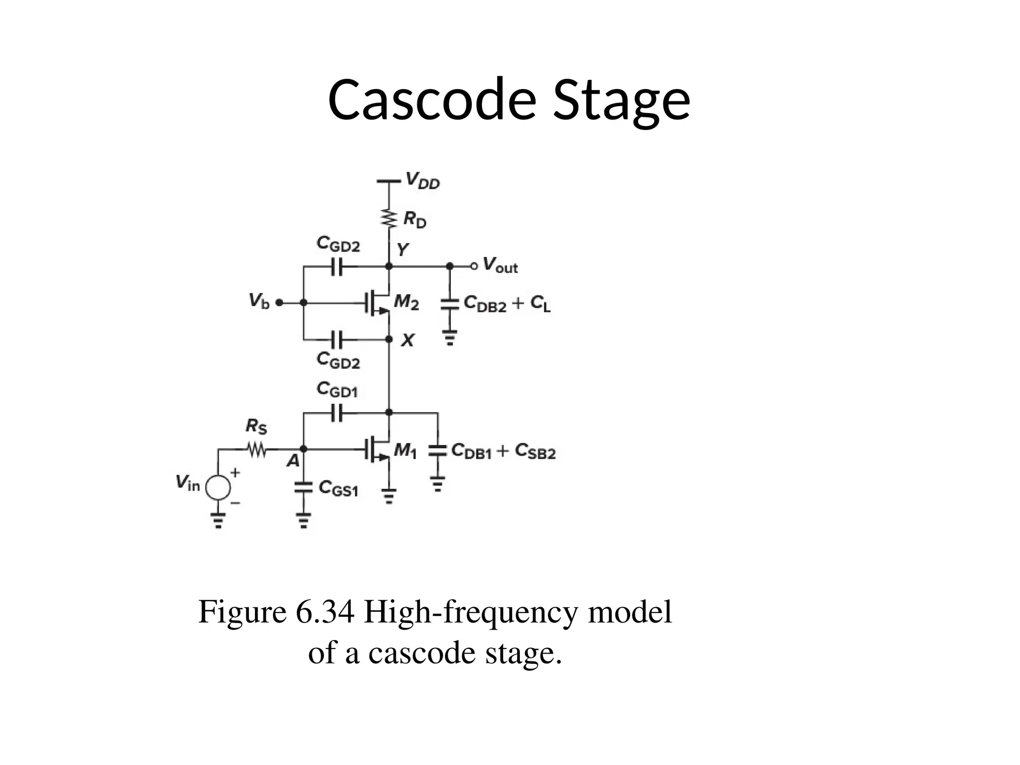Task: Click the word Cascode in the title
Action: pyautogui.click(x=431, y=100)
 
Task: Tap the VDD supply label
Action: pyautogui.click(x=422, y=180)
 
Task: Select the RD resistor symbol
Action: pyautogui.click(x=389, y=218)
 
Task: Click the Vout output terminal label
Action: pyautogui.click(x=500, y=265)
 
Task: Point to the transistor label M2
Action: pyautogui.click(x=406, y=302)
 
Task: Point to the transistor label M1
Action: pyautogui.click(x=405, y=451)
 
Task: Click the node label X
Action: pyautogui.click(x=407, y=341)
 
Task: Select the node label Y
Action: pyautogui.click(x=402, y=249)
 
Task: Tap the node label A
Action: pyautogui.click(x=293, y=462)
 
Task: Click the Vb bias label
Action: pyautogui.click(x=259, y=301)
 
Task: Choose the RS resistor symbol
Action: pyautogui.click(x=257, y=450)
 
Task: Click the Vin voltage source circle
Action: pyautogui.click(x=218, y=487)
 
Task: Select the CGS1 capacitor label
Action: pyautogui.click(x=338, y=489)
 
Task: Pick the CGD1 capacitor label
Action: pyautogui.click(x=337, y=389)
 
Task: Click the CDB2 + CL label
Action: pyautogui.click(x=507, y=303)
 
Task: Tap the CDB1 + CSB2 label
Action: pyautogui.click(x=503, y=451)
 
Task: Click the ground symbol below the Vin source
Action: pyautogui.click(x=218, y=520)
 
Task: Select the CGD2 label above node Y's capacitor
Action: pyautogui.click(x=338, y=244)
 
